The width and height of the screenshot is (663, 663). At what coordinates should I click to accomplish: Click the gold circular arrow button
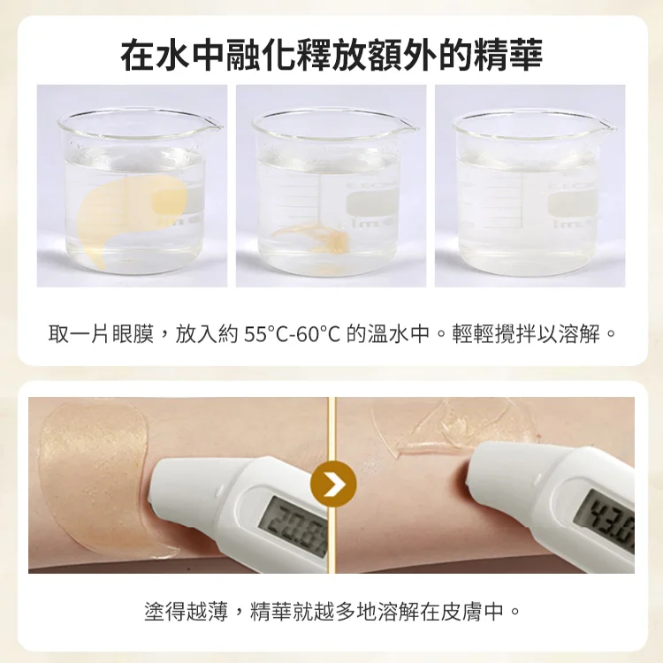(x=333, y=484)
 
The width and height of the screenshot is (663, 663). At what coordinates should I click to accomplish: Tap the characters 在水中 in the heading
(x=168, y=55)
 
